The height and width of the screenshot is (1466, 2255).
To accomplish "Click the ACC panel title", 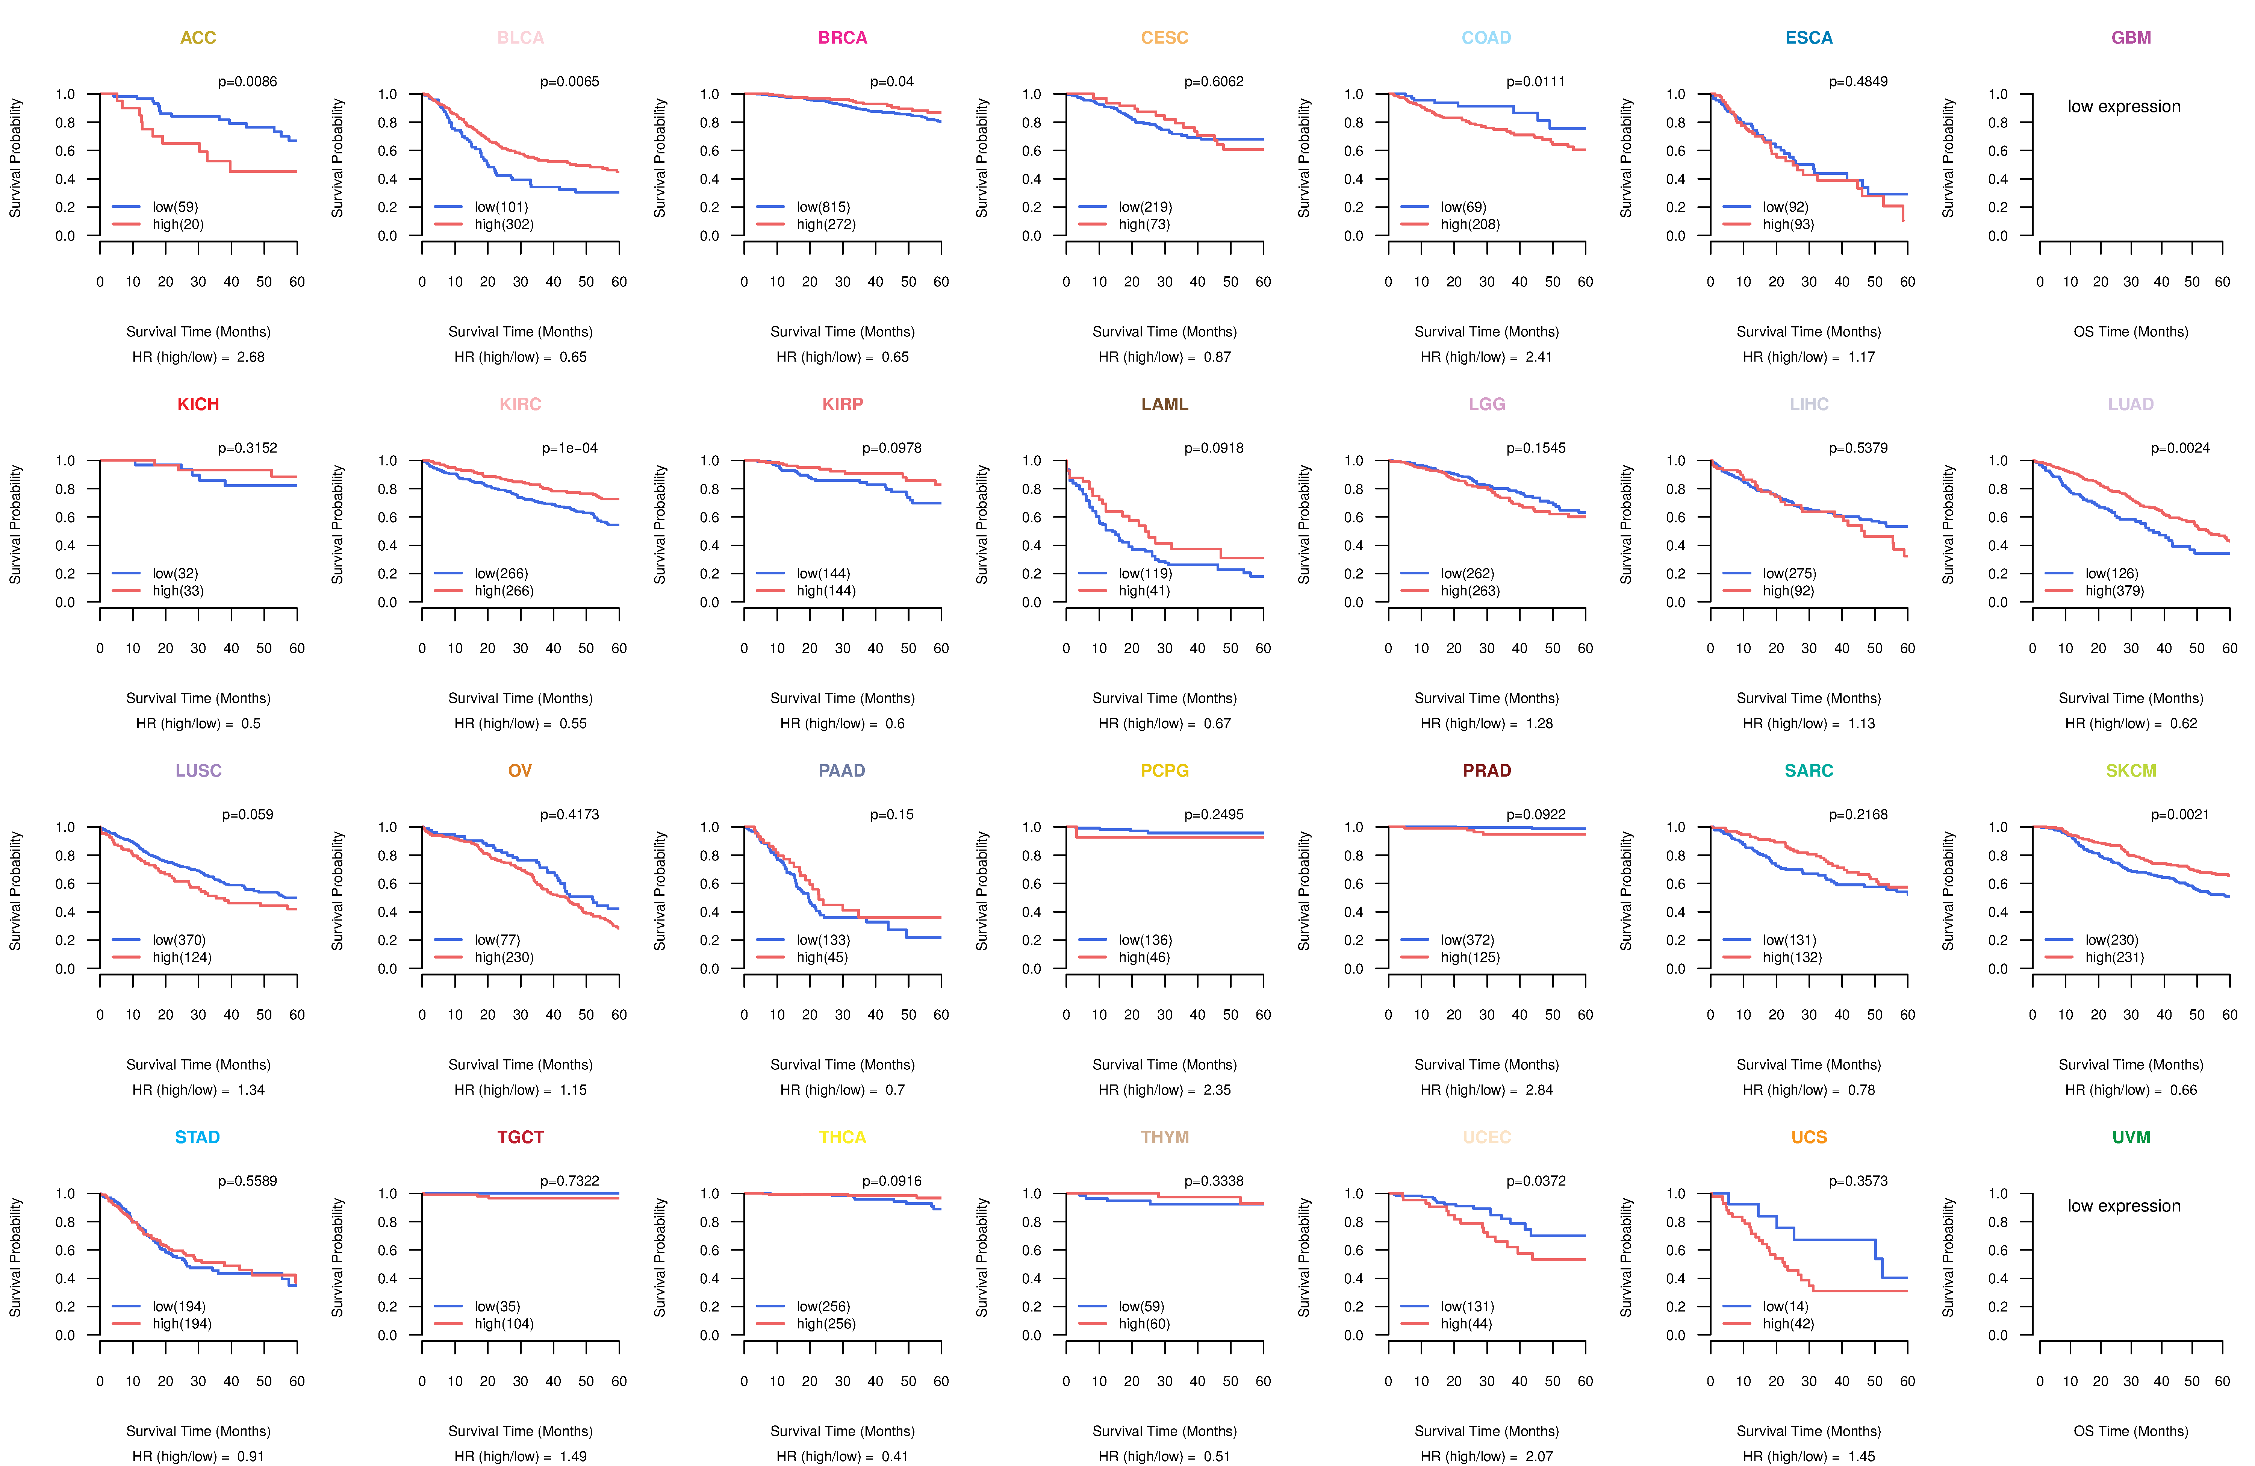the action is point(198,38).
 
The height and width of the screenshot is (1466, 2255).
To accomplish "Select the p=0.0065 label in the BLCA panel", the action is point(569,82).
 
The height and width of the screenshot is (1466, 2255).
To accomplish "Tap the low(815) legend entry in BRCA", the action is point(823,207).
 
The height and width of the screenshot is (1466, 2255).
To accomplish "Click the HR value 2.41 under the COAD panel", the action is point(1539,357).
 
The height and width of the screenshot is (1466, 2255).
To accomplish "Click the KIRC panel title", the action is point(520,404).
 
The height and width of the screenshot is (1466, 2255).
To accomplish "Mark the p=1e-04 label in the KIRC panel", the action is point(569,448).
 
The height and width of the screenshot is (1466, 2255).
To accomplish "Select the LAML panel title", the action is point(1164,404).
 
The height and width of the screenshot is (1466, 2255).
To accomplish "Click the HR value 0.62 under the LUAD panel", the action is point(2183,724).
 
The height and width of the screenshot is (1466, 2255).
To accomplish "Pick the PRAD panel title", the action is point(1486,771).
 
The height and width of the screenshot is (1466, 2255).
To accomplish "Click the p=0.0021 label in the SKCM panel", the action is point(2180,815).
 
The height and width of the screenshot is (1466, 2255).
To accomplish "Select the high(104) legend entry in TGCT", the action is point(504,1324).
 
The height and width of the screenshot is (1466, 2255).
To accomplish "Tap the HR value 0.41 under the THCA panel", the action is point(894,1457).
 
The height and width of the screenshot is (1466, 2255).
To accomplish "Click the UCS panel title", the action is point(1809,1137).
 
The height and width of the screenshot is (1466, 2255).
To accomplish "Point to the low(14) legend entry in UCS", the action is point(1785,1307).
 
